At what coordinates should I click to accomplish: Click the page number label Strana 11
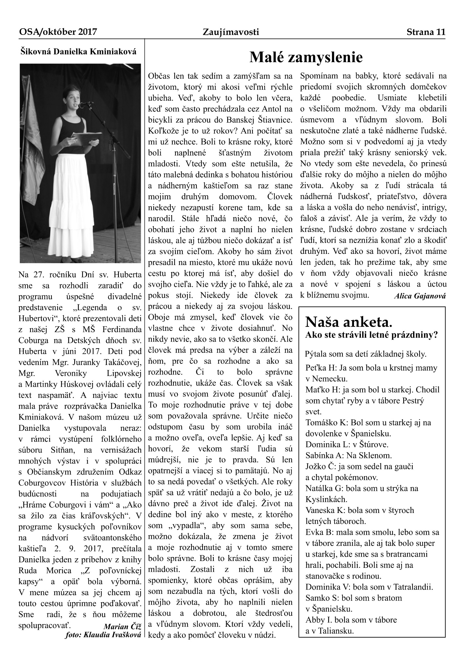(426, 32)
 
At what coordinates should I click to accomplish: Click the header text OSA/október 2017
(58, 32)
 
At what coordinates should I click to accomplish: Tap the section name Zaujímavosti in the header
(231, 32)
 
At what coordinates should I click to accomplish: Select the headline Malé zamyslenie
(306, 58)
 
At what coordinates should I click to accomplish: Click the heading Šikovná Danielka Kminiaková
(78, 51)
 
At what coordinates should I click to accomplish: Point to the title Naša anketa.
(349, 322)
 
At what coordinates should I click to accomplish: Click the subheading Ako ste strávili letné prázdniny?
(371, 335)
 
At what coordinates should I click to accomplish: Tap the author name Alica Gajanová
(420, 296)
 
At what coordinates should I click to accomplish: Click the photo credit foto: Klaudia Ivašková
(103, 635)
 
